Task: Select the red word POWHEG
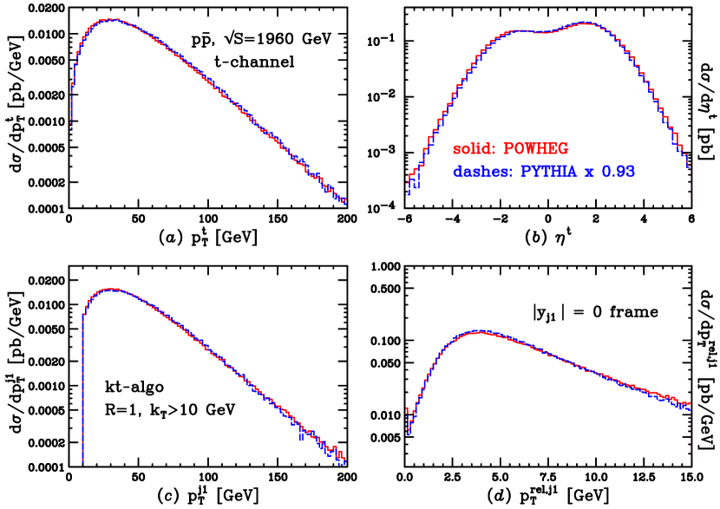(536, 149)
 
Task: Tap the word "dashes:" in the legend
(482, 173)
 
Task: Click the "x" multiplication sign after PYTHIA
(589, 173)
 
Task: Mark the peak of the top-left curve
(108, 19)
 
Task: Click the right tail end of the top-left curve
(344, 202)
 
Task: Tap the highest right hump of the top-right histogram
(586, 23)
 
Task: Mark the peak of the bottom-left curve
(111, 289)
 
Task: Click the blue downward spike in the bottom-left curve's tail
(300, 438)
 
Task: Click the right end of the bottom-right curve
(690, 404)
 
